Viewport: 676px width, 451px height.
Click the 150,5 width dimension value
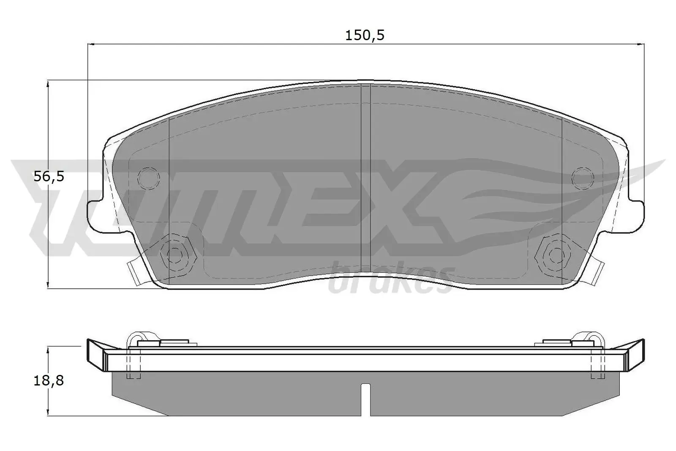tap(365, 36)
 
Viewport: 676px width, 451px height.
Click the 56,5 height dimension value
tap(49, 176)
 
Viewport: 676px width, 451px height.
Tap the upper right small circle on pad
tap(583, 178)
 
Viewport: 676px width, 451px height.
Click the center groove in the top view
tap(365, 178)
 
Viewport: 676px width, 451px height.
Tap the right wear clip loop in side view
tap(592, 336)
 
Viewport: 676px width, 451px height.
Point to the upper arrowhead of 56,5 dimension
tap(49, 84)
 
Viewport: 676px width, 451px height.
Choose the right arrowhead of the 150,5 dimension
tap(641, 44)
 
